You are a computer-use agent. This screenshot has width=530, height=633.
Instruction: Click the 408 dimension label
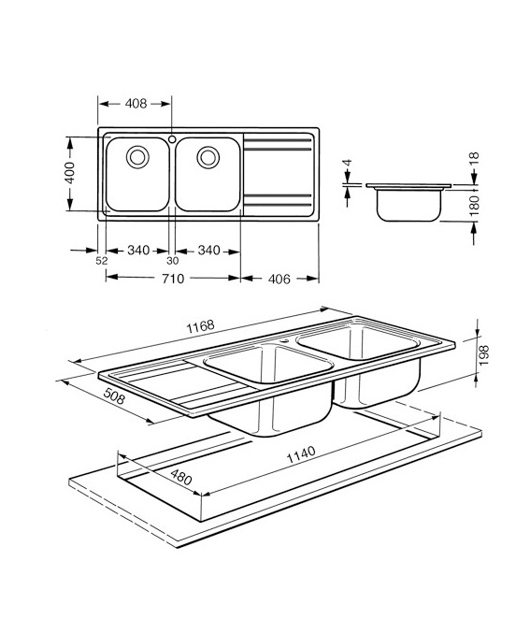(x=136, y=104)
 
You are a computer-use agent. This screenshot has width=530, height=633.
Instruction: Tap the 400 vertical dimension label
(x=70, y=173)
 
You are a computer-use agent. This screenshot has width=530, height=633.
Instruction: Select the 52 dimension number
(x=102, y=261)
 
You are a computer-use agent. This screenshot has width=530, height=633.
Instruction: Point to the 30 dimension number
(x=172, y=261)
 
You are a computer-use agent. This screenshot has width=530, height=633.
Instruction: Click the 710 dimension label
(x=173, y=279)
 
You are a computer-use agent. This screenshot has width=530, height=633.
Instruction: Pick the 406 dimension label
(x=279, y=279)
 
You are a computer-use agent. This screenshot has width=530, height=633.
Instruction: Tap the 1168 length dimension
(x=200, y=326)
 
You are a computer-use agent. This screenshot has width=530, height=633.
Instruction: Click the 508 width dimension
(x=115, y=396)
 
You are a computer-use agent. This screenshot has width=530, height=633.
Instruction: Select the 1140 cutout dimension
(x=301, y=454)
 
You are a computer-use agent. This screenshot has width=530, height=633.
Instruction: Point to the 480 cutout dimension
(x=180, y=477)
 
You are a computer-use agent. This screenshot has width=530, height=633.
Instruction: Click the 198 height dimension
(x=484, y=355)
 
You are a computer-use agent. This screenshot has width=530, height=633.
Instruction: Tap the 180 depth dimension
(x=475, y=205)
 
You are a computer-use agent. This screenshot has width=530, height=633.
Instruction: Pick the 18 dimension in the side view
(x=474, y=157)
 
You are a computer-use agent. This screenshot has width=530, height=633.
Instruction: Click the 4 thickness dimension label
(x=348, y=163)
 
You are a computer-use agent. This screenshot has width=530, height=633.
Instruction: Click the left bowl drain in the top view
(x=137, y=157)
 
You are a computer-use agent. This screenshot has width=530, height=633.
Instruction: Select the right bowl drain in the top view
(x=208, y=157)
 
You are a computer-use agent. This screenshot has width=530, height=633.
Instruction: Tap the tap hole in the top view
(x=172, y=139)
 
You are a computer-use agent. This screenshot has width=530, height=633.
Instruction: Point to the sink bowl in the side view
(x=408, y=205)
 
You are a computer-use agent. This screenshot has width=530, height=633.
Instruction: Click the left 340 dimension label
(x=138, y=251)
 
